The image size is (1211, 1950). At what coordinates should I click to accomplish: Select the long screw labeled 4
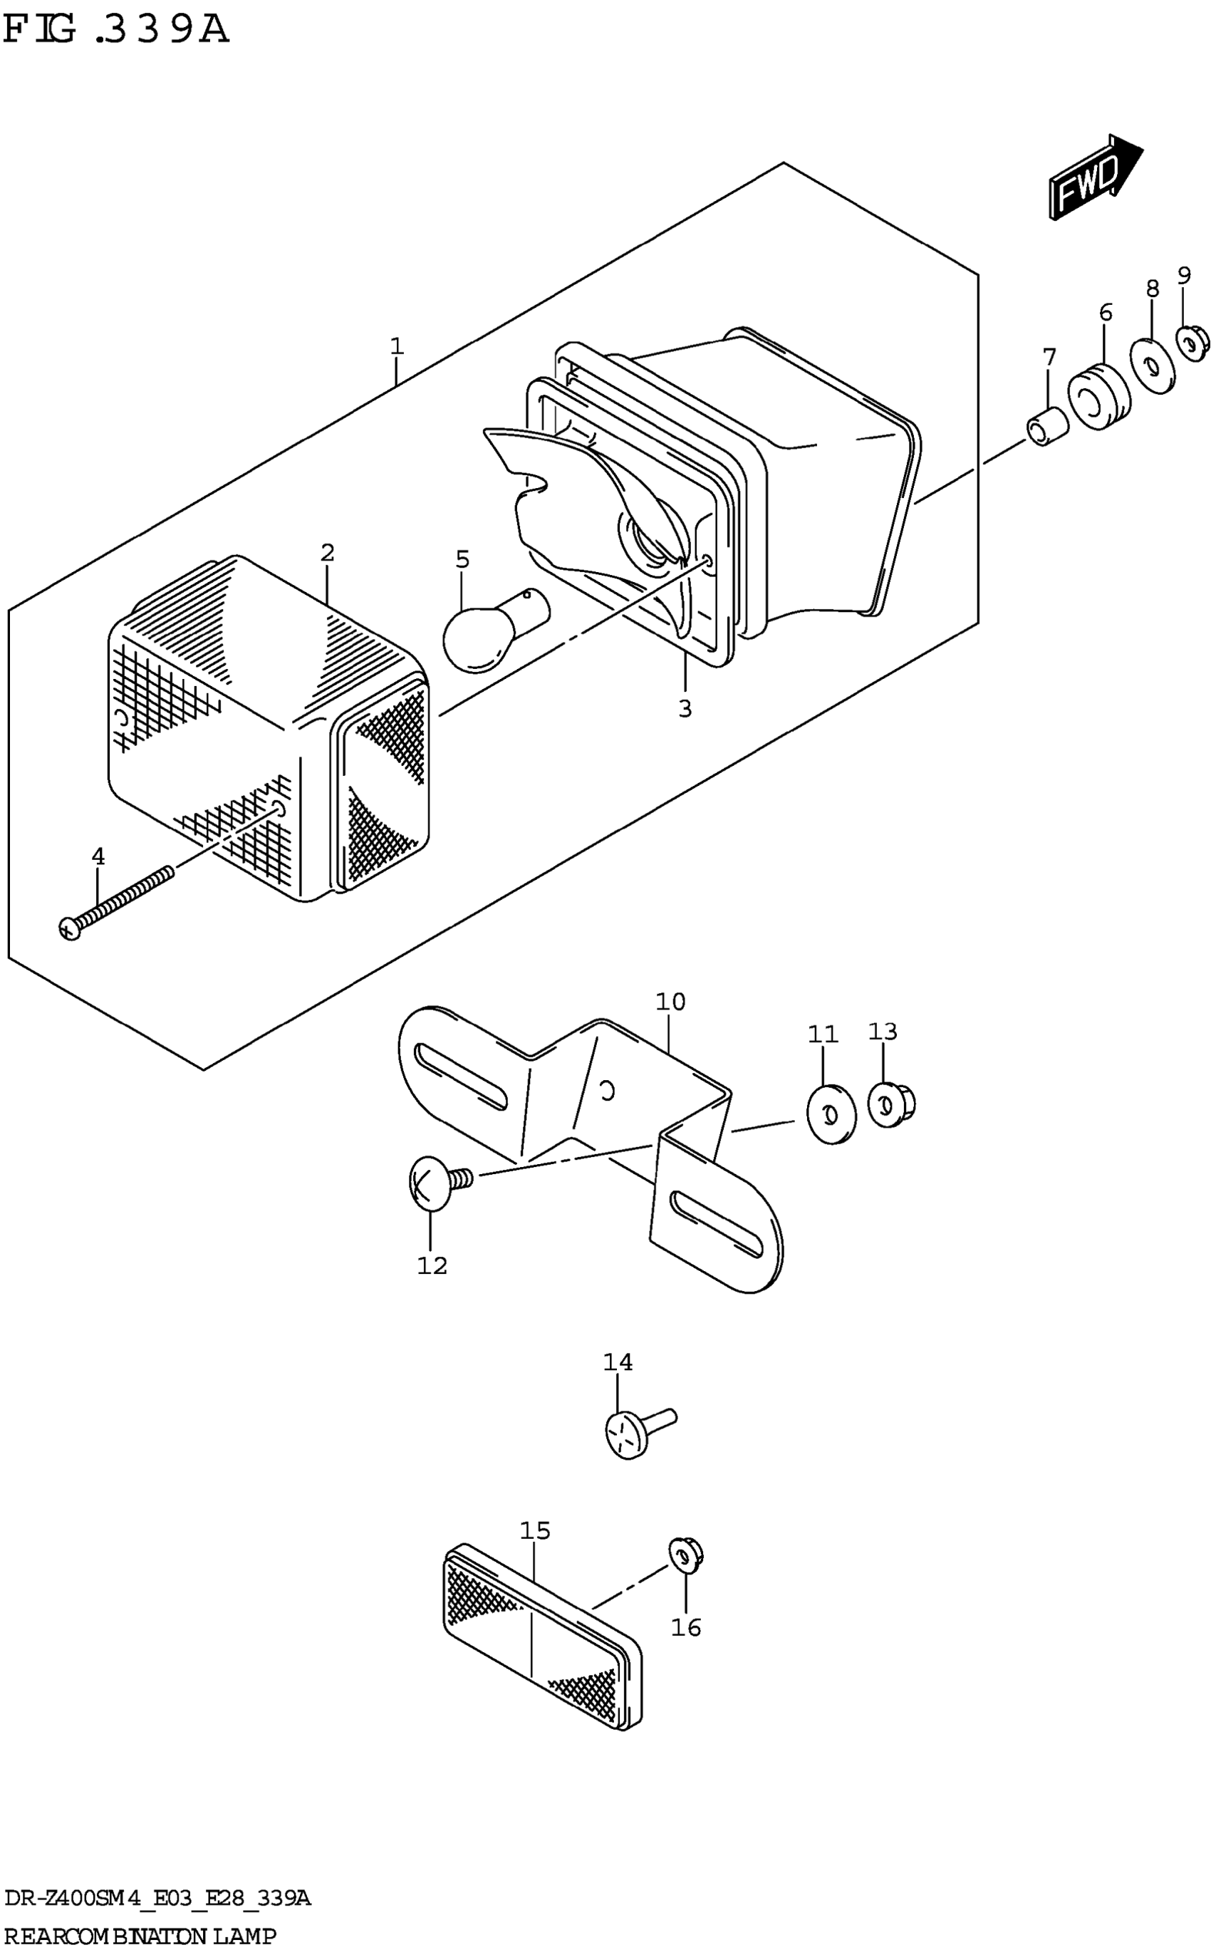point(116,902)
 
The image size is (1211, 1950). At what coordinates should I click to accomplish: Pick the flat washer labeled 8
point(1153,367)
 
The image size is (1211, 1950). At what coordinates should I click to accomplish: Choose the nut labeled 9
point(1192,341)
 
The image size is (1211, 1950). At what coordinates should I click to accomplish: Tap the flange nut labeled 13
point(890,1105)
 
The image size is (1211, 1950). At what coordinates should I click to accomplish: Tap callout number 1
point(397,347)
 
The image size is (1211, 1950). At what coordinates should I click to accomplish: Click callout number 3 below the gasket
point(685,709)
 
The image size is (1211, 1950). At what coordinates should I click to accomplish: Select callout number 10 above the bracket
point(670,1002)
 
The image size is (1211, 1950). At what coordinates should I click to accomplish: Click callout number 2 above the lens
point(327,553)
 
